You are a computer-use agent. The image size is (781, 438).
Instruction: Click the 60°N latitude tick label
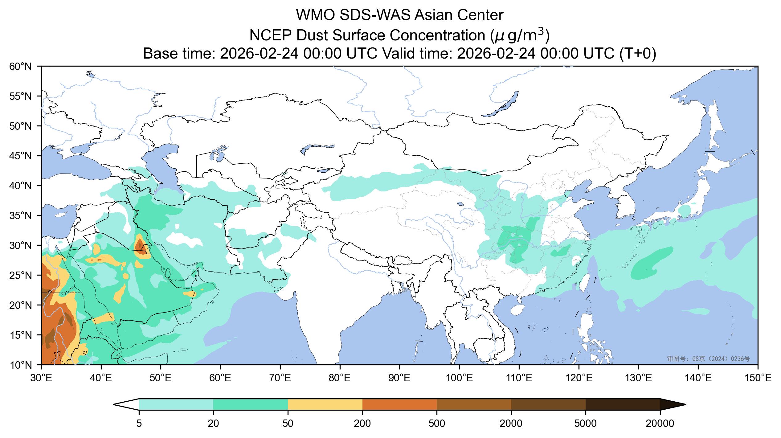[x=20, y=66]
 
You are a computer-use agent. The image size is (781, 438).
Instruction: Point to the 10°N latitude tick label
[x=20, y=365]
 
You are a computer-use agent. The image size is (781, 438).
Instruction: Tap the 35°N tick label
[x=20, y=215]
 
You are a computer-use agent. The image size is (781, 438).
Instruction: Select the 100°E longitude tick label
[x=459, y=378]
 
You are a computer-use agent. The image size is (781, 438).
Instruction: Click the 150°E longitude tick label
[x=758, y=378]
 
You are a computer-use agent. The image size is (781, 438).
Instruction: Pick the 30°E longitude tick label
[x=41, y=378]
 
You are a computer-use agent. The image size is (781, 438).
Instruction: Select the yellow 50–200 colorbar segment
[x=325, y=404]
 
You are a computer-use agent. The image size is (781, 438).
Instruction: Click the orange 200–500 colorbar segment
[x=399, y=404]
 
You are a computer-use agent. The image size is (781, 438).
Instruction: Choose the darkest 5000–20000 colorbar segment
[x=623, y=404]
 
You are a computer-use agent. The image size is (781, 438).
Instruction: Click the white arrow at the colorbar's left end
[x=126, y=404]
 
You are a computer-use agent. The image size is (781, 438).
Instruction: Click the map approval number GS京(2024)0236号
[x=708, y=358]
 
